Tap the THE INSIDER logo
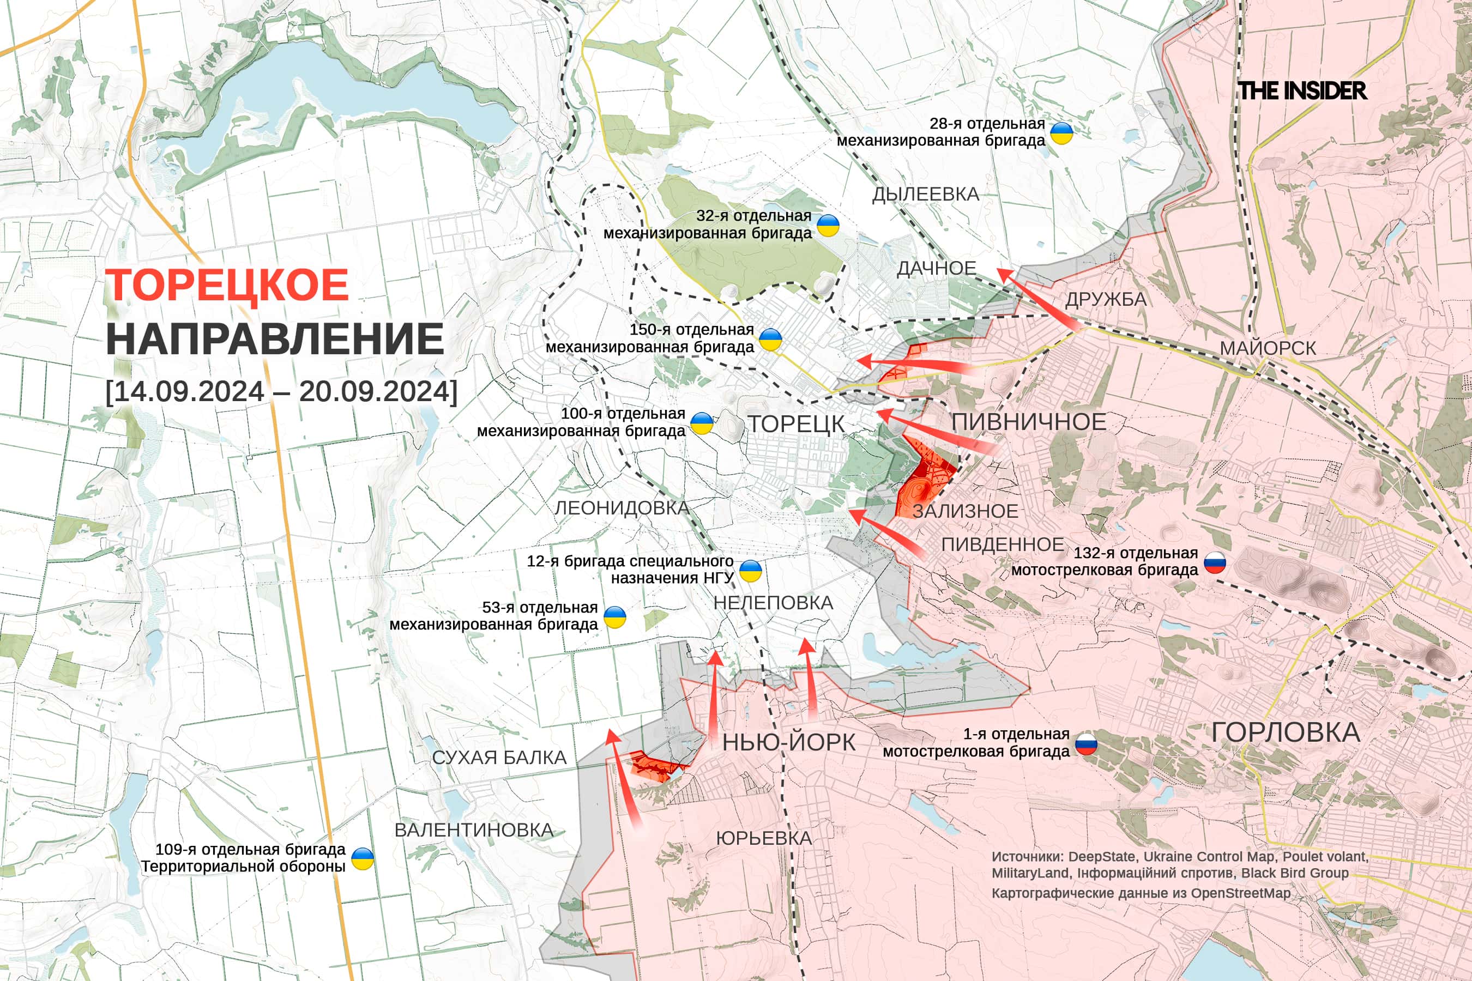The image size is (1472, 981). pos(1302,90)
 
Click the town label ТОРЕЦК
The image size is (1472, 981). pos(797,424)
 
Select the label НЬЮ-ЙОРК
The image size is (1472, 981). pos(788,743)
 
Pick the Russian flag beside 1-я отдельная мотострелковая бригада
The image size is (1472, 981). pos(1087,743)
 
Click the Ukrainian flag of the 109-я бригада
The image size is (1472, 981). pos(363,858)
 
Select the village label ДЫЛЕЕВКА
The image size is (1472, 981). pos(926,195)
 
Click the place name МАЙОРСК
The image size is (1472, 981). pos(1268,348)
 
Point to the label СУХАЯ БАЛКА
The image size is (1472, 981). pos(499,758)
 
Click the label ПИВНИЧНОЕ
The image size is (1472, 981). pos(1029,422)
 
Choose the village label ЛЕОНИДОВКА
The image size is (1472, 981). pos(622,508)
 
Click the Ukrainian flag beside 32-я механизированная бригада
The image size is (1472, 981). pos(828,225)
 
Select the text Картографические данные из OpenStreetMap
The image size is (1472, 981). pos(1141,893)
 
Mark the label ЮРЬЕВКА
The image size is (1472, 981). pos(764,838)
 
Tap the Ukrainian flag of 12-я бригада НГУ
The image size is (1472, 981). pos(750,571)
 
